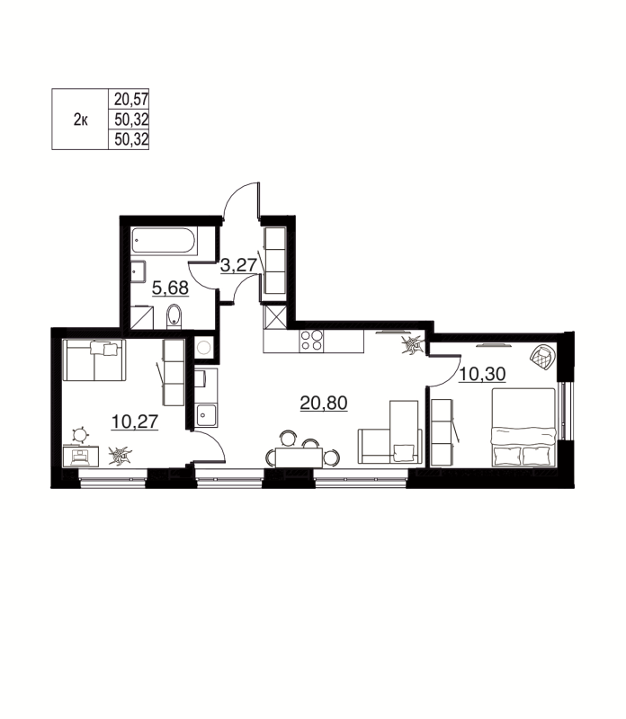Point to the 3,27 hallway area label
(238, 264)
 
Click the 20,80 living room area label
(324, 404)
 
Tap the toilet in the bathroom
(174, 315)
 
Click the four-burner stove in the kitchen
(311, 341)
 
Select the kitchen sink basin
(206, 414)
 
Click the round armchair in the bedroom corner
(543, 357)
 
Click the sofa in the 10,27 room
(94, 360)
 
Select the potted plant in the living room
(412, 344)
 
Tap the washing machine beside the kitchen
(203, 347)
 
